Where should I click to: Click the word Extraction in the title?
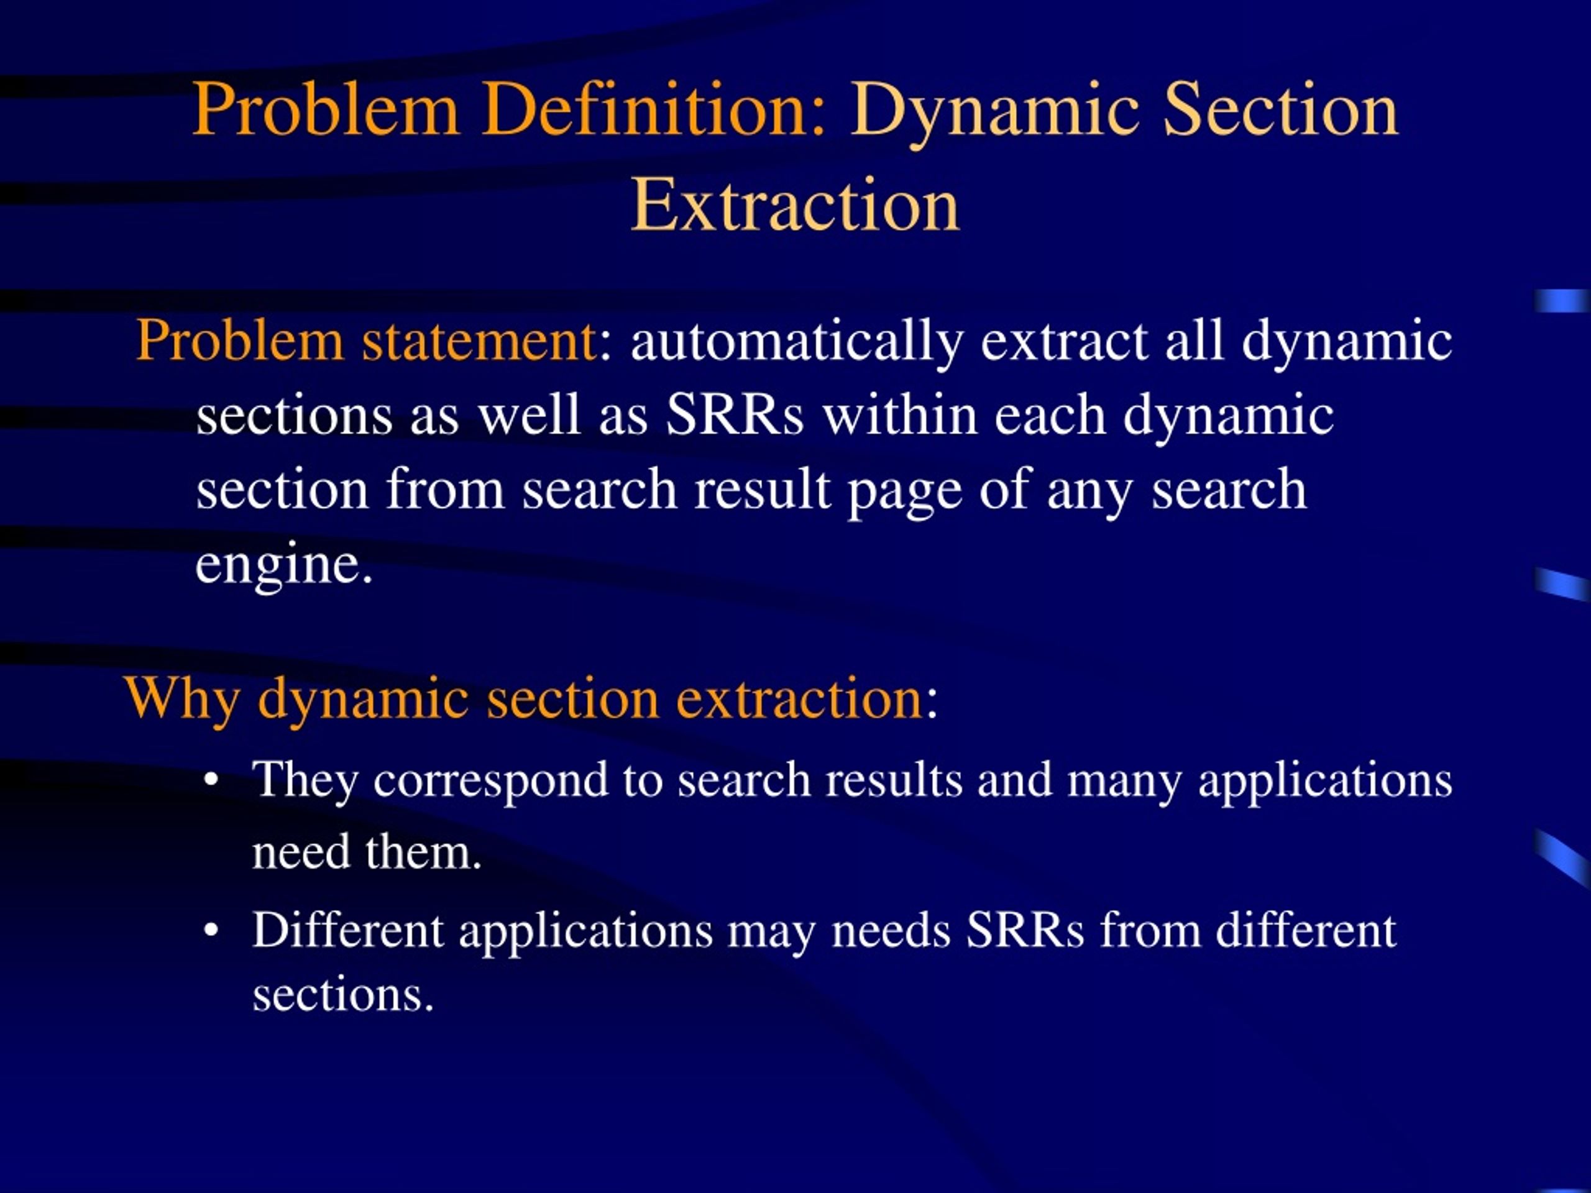point(795,206)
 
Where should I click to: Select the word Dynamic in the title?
point(995,109)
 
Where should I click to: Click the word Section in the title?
point(1280,109)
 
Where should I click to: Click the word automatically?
point(796,342)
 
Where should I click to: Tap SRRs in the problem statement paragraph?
point(733,415)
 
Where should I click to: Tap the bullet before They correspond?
point(211,780)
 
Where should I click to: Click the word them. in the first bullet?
point(423,854)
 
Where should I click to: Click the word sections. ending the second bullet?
point(343,996)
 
